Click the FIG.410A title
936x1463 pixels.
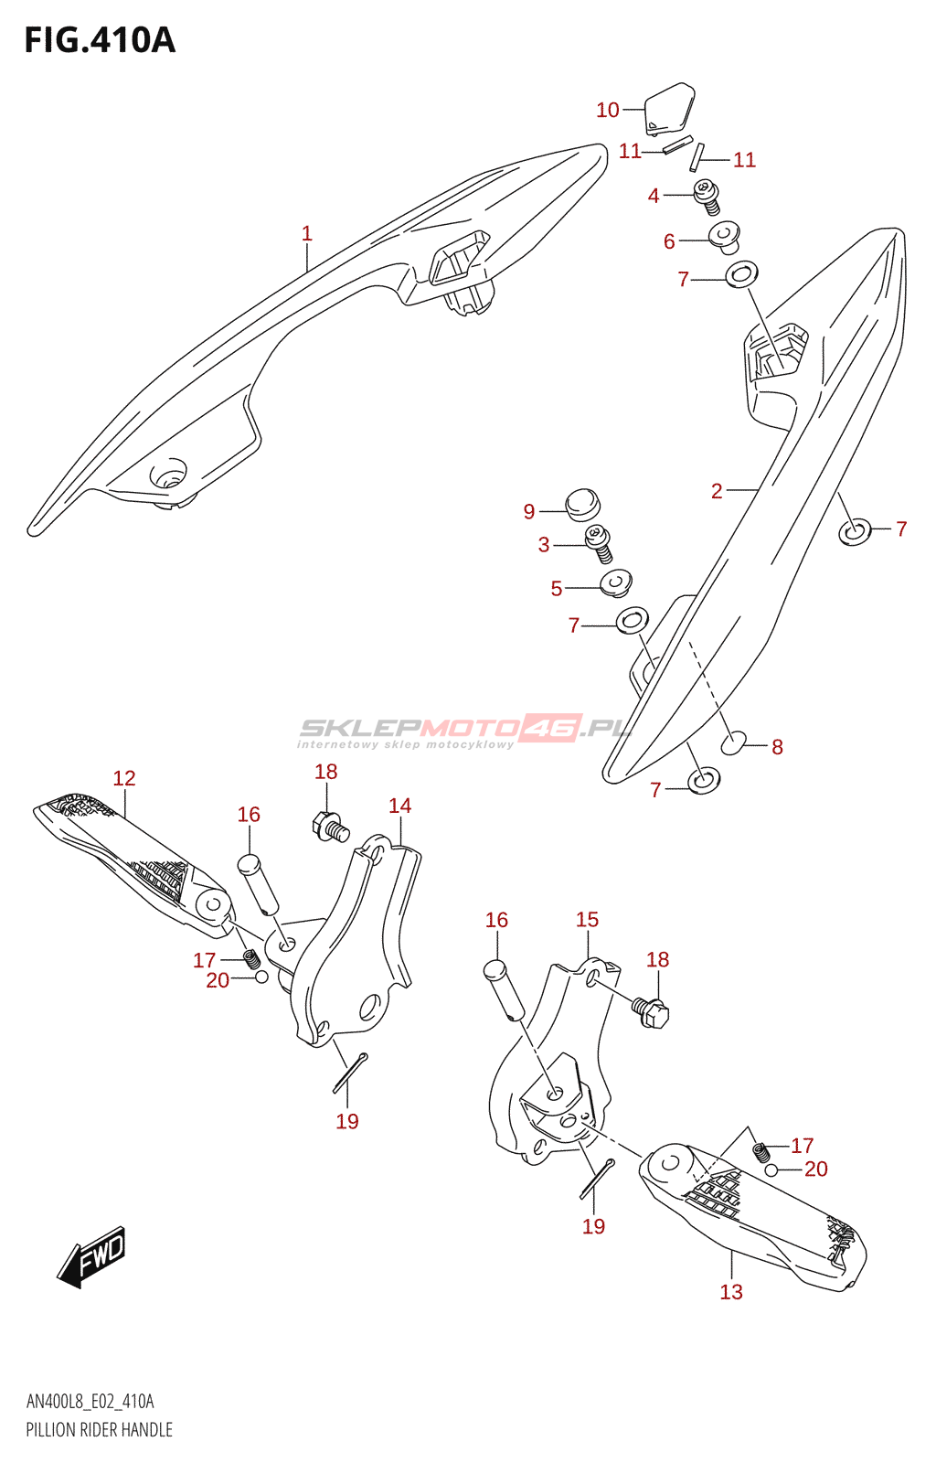(99, 40)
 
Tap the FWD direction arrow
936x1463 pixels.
(92, 1256)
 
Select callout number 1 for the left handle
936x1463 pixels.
(307, 234)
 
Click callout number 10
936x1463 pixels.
(608, 110)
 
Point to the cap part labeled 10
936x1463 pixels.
(669, 108)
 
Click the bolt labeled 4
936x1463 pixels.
(707, 196)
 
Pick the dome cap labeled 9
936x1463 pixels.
(581, 503)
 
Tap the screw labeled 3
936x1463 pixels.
(598, 543)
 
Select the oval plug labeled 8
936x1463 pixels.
(734, 744)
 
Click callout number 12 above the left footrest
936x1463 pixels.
(124, 778)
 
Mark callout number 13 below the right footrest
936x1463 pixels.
(731, 1291)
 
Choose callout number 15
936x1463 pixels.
(587, 920)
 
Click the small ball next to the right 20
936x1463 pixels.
(771, 1169)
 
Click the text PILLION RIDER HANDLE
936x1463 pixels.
(99, 1430)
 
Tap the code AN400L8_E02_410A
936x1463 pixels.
(90, 1402)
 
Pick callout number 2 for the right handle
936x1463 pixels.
(717, 492)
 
